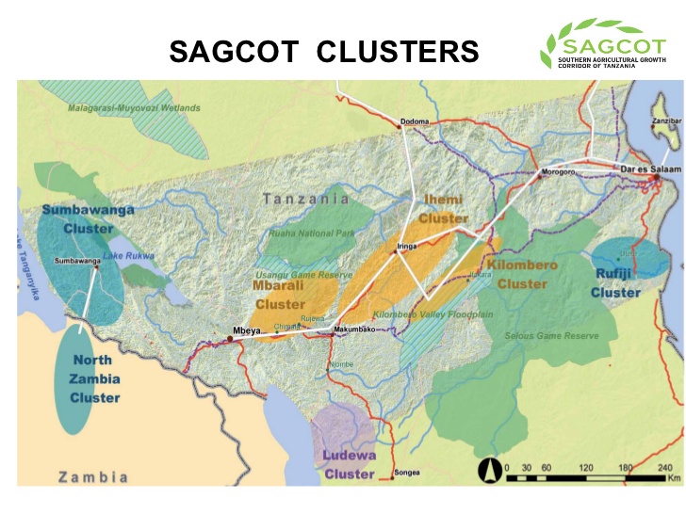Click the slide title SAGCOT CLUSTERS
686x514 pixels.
click(323, 52)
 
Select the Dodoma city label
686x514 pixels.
click(415, 121)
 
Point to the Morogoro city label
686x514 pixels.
click(557, 172)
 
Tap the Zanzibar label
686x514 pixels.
click(661, 122)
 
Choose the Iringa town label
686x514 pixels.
click(407, 246)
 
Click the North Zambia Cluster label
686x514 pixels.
click(94, 378)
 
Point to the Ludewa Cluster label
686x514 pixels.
click(350, 464)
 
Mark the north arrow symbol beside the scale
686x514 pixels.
click(489, 470)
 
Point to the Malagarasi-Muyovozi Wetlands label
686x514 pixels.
click(134, 108)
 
